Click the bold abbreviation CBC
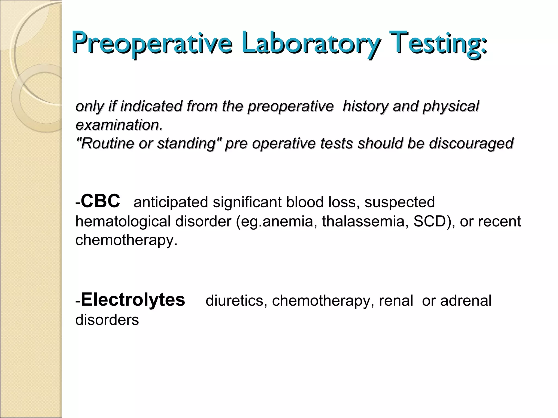(x=100, y=201)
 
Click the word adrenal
(x=466, y=301)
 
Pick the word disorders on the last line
(x=107, y=320)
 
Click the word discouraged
(x=471, y=143)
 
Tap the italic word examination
(x=119, y=125)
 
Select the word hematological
(x=123, y=221)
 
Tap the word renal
(x=396, y=301)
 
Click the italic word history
(x=365, y=106)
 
